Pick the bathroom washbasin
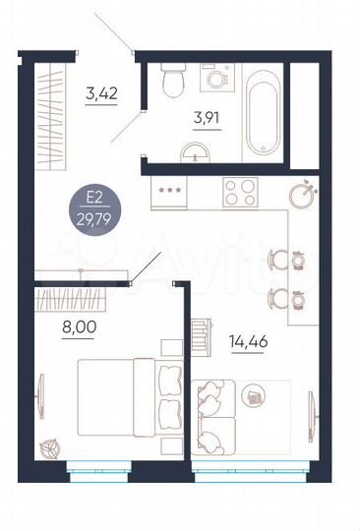[x=194, y=151]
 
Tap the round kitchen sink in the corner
[x=303, y=193]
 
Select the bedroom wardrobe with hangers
[x=84, y=297]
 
